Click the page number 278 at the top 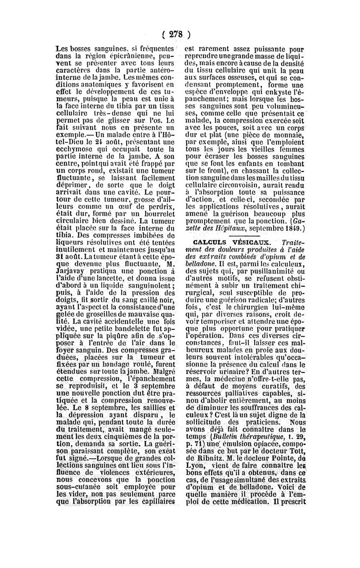pos(180,35)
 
